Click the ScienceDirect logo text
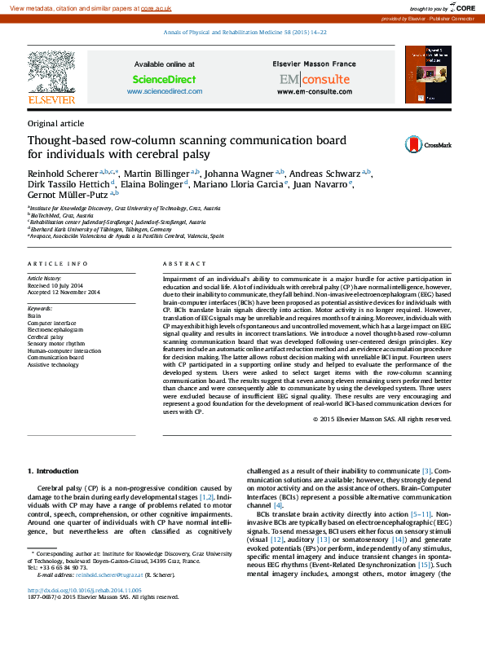coord(164,79)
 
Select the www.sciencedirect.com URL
coord(164,91)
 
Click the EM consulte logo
coord(313,79)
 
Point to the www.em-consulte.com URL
coord(313,91)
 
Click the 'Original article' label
coord(55,123)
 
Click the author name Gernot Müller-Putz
coord(68,195)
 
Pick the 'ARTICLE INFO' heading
coord(57,264)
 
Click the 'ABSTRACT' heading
coord(179,264)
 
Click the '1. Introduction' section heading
coord(53,471)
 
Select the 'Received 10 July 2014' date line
coord(55,285)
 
